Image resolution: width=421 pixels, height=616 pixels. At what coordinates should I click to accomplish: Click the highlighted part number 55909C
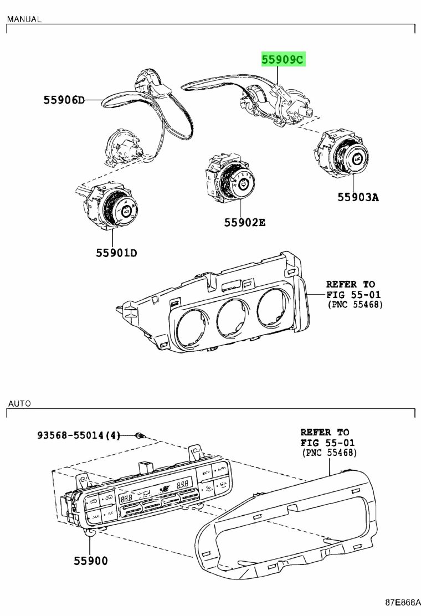tap(283, 60)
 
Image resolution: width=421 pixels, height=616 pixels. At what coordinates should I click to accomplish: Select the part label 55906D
tap(64, 100)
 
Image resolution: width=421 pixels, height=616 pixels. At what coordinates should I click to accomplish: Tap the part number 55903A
tap(358, 197)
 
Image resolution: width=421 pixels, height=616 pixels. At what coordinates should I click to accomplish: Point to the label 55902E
tap(245, 222)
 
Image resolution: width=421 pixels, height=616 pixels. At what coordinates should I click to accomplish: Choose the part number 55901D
tap(117, 253)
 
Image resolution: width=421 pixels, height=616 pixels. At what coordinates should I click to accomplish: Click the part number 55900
tap(91, 561)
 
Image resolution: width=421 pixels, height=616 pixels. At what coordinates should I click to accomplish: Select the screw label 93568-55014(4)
tap(79, 435)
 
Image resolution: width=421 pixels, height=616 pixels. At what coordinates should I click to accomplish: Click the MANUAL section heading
tap(24, 19)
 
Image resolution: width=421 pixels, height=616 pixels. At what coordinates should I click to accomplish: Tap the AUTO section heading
tap(19, 403)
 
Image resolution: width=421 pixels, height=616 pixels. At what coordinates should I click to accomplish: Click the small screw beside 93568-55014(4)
tap(140, 435)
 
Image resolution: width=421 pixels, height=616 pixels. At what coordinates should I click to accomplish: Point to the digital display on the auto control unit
tap(156, 489)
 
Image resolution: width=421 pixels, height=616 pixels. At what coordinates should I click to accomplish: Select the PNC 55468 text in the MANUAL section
tap(355, 305)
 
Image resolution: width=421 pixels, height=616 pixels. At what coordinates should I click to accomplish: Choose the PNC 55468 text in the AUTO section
tap(329, 453)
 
